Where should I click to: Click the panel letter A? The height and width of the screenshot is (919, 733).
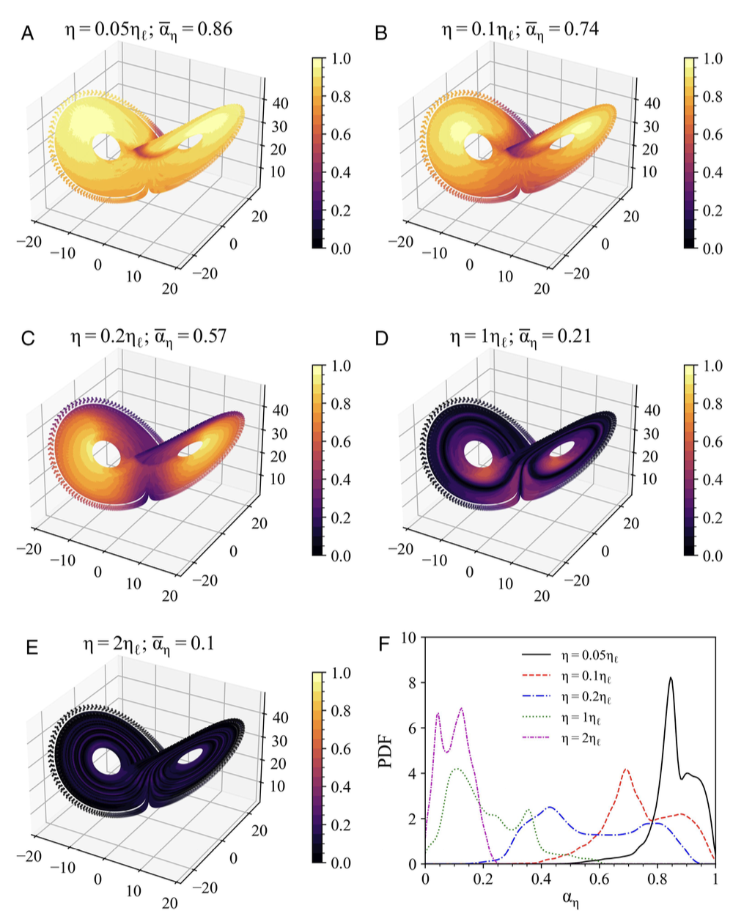coord(28,33)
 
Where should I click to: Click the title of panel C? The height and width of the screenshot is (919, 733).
coord(148,336)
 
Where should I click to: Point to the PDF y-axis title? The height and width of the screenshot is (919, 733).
coord(388,751)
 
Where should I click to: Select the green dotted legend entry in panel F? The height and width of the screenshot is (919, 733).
coord(583,718)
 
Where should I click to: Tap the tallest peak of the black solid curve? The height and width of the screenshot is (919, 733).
coord(670,678)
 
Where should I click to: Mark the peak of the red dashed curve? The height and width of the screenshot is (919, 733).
coord(626,769)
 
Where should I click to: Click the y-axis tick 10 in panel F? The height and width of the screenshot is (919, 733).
coord(409,638)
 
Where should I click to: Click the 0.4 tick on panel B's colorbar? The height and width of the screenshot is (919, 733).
coord(712,172)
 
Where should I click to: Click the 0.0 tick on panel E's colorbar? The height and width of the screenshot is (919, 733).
coord(341,863)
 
